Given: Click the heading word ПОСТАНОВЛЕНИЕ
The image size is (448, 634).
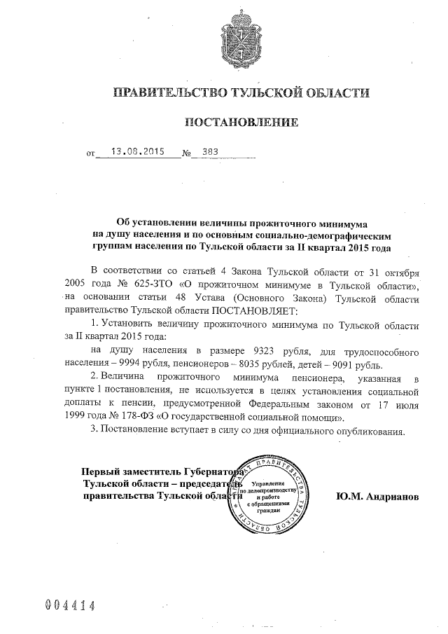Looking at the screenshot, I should coord(241,123).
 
